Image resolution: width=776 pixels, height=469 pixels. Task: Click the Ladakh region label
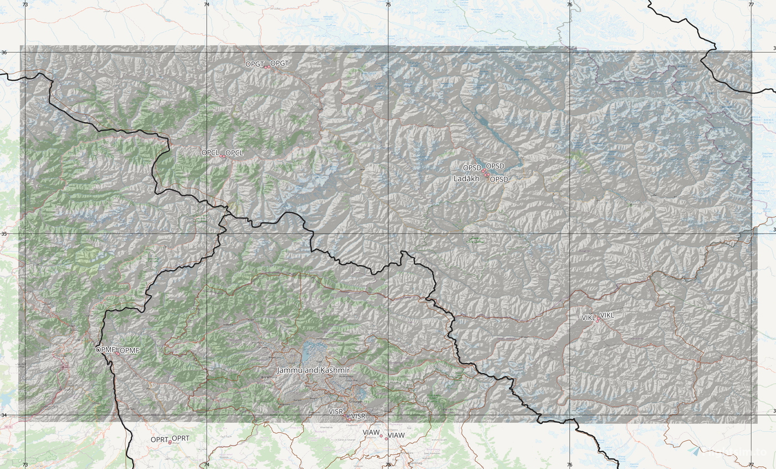(x=466, y=179)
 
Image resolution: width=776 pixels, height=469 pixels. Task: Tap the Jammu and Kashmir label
(x=313, y=370)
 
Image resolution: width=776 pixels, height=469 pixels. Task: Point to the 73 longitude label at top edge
(x=25, y=4)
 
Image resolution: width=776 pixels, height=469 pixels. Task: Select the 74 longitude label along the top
(x=207, y=4)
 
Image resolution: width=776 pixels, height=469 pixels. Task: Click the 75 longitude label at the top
(x=388, y=4)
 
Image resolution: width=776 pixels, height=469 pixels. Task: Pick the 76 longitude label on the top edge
(x=570, y=4)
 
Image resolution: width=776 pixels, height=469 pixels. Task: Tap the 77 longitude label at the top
(x=751, y=4)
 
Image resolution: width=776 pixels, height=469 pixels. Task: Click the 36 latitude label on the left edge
(x=4, y=53)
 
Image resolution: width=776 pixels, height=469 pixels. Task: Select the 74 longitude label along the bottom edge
(x=207, y=465)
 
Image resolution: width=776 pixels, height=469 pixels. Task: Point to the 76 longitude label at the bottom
(x=570, y=465)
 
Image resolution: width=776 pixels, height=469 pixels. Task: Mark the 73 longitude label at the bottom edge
(x=25, y=465)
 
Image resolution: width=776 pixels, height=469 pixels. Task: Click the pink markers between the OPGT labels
(x=267, y=67)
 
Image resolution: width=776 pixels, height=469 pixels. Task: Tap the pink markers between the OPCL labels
(x=222, y=156)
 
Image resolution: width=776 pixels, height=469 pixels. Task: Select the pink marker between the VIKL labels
(x=598, y=319)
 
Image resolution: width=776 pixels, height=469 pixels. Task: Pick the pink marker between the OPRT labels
(x=170, y=442)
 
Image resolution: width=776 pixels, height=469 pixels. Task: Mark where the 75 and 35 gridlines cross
(x=388, y=233)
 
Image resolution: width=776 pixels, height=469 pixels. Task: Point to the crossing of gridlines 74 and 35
(x=207, y=233)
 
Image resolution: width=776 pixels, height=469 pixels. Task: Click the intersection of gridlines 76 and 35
(x=570, y=233)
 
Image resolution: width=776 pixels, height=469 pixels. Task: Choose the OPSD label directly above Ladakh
(x=472, y=167)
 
